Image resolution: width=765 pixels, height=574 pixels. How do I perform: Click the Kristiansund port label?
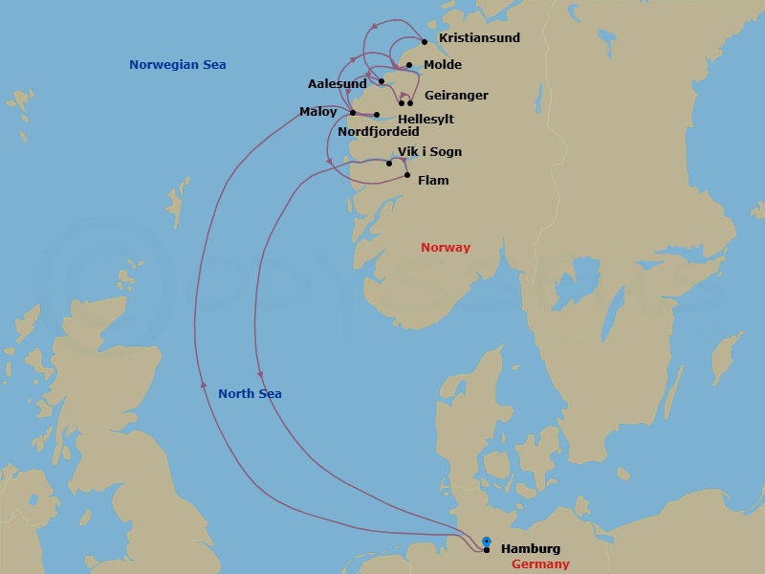(479, 38)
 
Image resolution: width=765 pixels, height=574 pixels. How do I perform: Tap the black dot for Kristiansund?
(425, 41)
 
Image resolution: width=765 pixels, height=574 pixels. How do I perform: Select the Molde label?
(442, 65)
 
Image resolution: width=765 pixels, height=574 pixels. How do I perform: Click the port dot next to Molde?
(409, 65)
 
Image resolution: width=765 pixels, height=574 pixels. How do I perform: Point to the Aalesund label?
(338, 84)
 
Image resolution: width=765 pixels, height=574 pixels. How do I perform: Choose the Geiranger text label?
(456, 96)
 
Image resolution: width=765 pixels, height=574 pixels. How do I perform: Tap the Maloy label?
(318, 112)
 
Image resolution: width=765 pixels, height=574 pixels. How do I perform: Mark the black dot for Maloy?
(353, 113)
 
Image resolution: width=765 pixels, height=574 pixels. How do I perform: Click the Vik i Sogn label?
(429, 152)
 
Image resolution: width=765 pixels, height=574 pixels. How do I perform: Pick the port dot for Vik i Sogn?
(389, 164)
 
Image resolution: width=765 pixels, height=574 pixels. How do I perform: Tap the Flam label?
(433, 181)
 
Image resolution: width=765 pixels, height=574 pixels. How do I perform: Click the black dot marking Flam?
(407, 175)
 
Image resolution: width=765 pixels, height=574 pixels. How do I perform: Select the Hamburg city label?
(531, 549)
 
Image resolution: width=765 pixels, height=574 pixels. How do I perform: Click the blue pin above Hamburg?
(487, 541)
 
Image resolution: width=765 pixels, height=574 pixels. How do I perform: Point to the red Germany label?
(540, 564)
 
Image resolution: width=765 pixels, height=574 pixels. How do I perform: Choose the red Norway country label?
(446, 248)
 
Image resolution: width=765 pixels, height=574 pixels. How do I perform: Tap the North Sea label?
(250, 394)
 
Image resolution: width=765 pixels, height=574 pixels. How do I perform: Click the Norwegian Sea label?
(185, 65)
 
